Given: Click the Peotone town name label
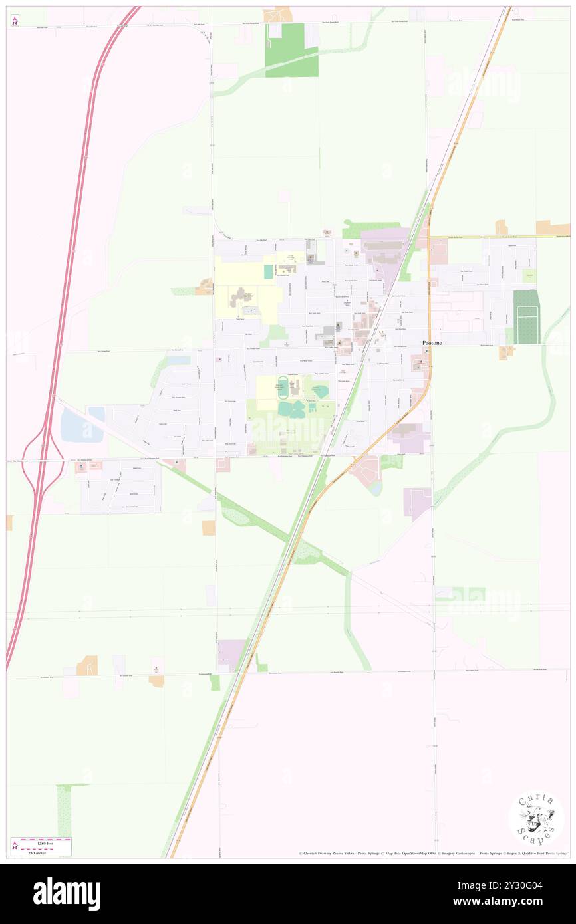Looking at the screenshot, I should (x=433, y=342).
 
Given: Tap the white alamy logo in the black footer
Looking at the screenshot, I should (x=67, y=894).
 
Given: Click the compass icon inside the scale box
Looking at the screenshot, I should (x=15, y=846).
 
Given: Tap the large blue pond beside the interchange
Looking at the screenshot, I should (x=80, y=427).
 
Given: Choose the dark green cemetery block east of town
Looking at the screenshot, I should (x=526, y=317).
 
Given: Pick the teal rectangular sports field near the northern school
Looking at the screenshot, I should (x=268, y=271).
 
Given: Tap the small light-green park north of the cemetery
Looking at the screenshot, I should (x=529, y=276).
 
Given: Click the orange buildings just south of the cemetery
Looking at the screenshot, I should (x=506, y=352).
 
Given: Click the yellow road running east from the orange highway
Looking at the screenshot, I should (x=499, y=237).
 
